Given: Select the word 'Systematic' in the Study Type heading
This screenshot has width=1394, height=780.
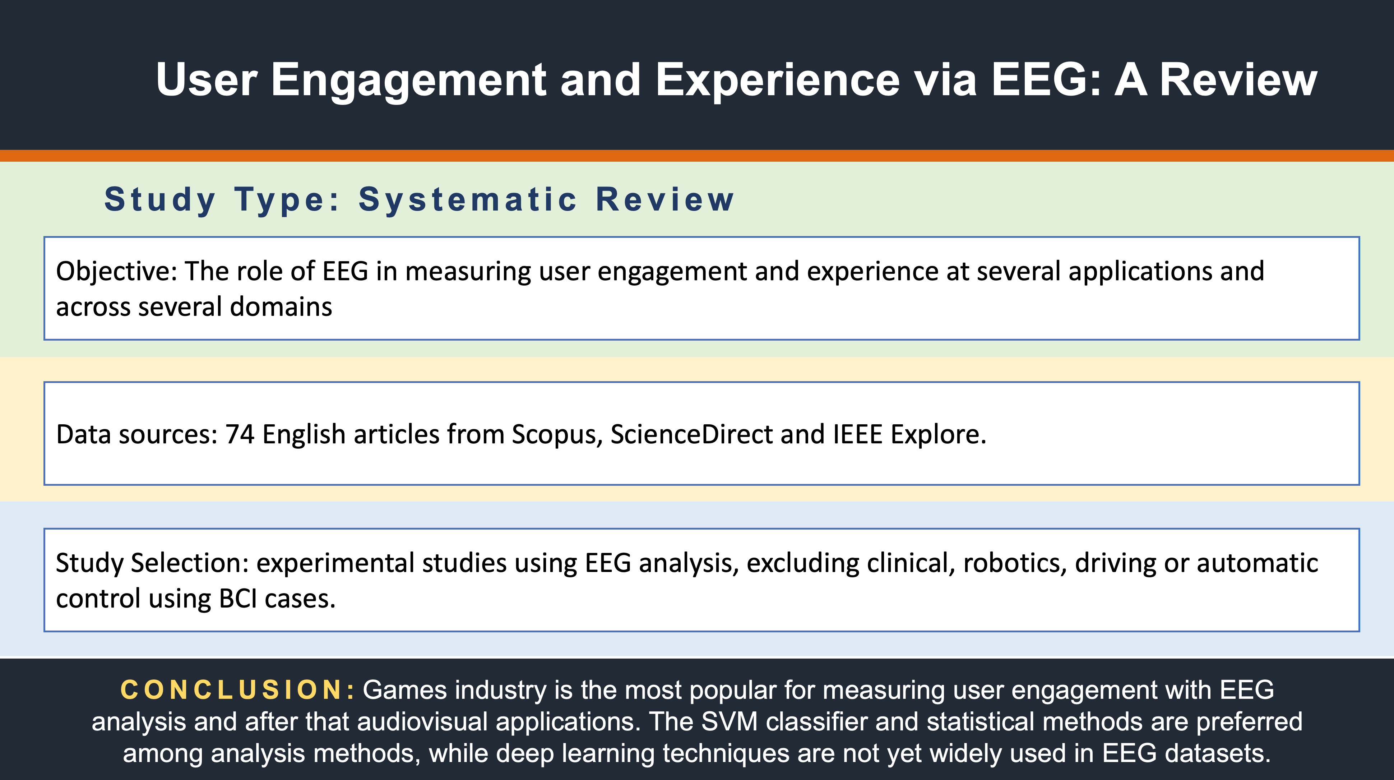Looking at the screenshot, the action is (x=468, y=200).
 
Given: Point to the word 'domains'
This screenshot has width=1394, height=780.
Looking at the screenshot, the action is (x=281, y=307).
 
